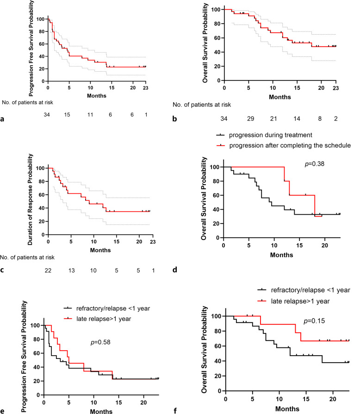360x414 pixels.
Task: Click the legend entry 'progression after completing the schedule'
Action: (x=287, y=145)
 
